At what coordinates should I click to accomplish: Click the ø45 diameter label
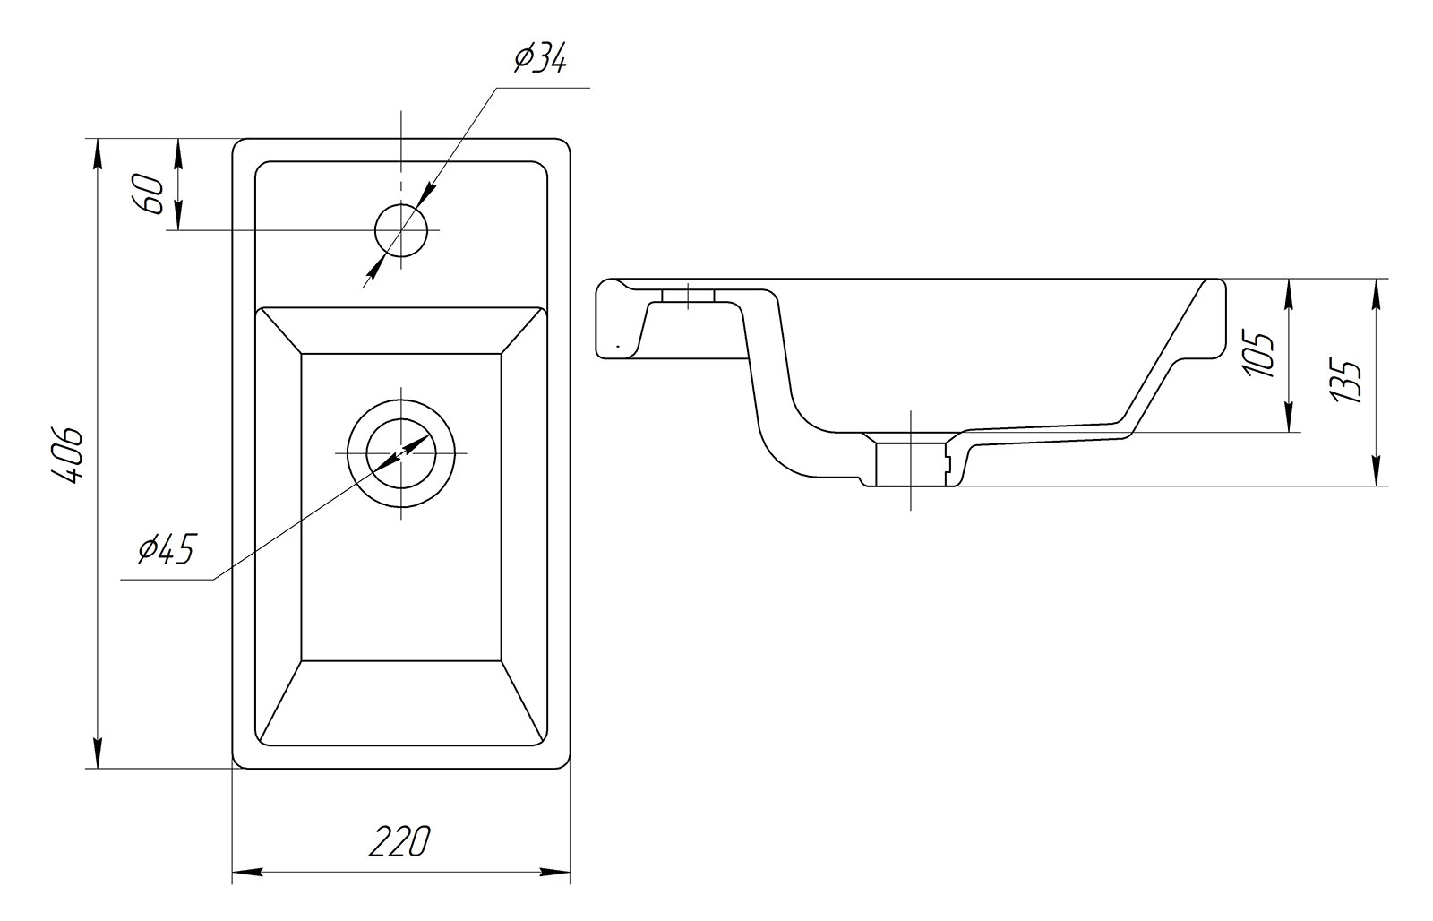coord(165,550)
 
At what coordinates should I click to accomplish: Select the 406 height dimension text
coord(66,453)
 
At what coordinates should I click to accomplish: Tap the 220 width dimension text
coord(399,841)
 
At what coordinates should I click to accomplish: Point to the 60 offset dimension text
coord(147,194)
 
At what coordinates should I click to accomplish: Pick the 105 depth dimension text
coord(1258,354)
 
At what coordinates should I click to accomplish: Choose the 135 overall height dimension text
coord(1345,382)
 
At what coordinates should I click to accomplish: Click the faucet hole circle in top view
coord(401,229)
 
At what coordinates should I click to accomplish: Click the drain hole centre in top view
coord(401,453)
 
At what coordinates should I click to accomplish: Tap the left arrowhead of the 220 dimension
coord(247,873)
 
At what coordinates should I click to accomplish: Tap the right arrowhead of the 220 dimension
coord(554,873)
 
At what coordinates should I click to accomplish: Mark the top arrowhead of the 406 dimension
coord(98,154)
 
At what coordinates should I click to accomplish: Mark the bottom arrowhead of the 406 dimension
coord(98,753)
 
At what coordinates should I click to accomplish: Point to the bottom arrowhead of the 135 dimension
coord(1374,470)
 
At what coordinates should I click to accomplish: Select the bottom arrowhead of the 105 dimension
coord(1288,417)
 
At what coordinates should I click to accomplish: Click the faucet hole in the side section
coord(688,296)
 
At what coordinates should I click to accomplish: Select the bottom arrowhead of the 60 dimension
coord(178,214)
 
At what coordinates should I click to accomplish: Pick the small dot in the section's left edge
coord(618,346)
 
